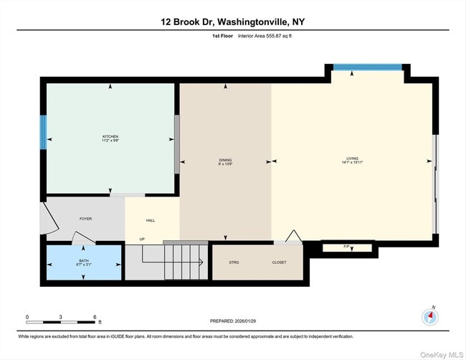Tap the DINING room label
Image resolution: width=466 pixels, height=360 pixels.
225,162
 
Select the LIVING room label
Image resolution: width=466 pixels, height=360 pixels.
352,160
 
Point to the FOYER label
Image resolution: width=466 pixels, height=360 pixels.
85,219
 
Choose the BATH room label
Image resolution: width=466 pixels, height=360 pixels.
84,262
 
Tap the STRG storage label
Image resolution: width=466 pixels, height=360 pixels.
234,262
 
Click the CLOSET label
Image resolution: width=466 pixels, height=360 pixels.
279,262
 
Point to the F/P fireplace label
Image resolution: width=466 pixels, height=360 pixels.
347,247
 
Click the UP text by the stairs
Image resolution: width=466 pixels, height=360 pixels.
142,239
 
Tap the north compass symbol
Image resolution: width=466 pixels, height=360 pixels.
430,316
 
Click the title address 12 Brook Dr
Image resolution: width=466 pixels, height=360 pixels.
232,22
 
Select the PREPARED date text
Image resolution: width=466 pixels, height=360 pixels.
232,321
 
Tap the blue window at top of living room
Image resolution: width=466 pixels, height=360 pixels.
366,68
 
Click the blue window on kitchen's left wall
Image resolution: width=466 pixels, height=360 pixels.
43,133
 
